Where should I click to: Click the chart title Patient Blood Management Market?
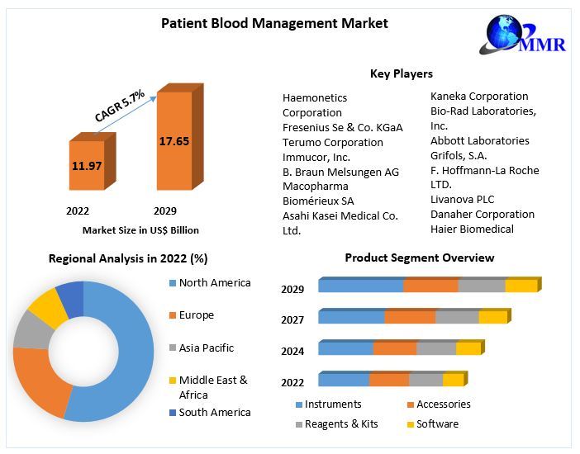274,24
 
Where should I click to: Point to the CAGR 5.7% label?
120,106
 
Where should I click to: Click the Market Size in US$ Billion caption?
140,230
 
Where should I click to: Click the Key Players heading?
401,73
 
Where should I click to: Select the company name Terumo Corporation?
333,142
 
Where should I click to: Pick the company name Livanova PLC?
462,199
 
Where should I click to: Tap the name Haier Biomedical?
472,229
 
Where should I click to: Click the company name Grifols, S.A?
459,155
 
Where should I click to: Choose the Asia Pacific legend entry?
207,348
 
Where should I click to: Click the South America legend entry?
215,412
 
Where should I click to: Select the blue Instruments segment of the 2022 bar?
344,380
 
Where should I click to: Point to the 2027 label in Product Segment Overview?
292,320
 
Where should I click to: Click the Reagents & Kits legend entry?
340,423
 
